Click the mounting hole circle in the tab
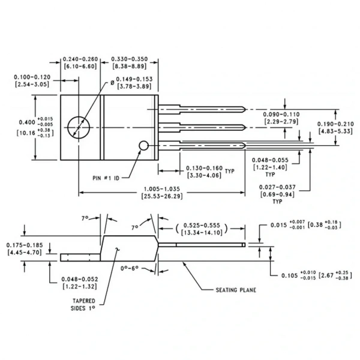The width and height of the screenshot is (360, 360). tap(79, 117)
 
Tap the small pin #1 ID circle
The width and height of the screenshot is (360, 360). tap(144, 141)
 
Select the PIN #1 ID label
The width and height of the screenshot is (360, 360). tap(106, 178)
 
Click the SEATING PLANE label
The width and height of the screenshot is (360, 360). tap(236, 290)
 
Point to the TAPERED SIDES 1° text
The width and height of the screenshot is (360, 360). tap(83, 304)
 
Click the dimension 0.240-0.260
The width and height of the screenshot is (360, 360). tap(80, 59)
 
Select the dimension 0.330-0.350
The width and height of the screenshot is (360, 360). tap(130, 59)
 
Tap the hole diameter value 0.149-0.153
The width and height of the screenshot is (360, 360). tap(134, 79)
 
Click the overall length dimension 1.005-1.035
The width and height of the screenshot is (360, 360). tap(162, 189)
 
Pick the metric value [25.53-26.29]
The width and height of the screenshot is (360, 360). tap(162, 196)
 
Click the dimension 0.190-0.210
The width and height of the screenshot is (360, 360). tap(335, 124)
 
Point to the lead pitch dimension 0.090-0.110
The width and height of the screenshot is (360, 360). tap(281, 115)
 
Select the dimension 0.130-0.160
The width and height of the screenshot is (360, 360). tap(205, 168)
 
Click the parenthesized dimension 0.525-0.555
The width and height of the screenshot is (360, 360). tap(202, 225)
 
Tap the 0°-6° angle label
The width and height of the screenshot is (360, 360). tap(130, 268)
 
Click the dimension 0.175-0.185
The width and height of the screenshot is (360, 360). tap(25, 245)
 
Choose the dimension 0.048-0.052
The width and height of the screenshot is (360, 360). tap(80, 279)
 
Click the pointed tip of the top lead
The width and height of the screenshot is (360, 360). tap(245, 109)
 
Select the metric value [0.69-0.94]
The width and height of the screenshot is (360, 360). tap(277, 194)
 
